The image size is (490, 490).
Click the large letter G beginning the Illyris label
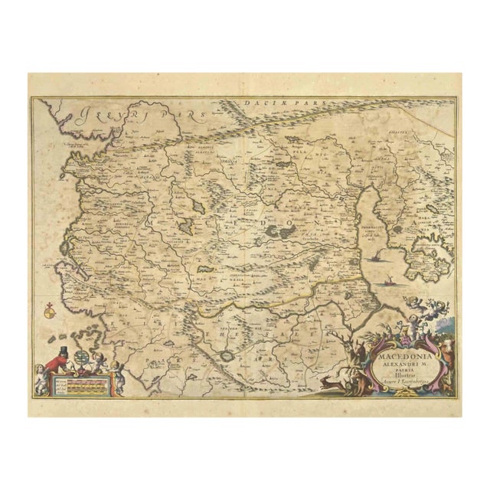pyautogui.click(x=79, y=116)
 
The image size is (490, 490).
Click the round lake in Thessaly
pyautogui.click(x=226, y=355)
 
